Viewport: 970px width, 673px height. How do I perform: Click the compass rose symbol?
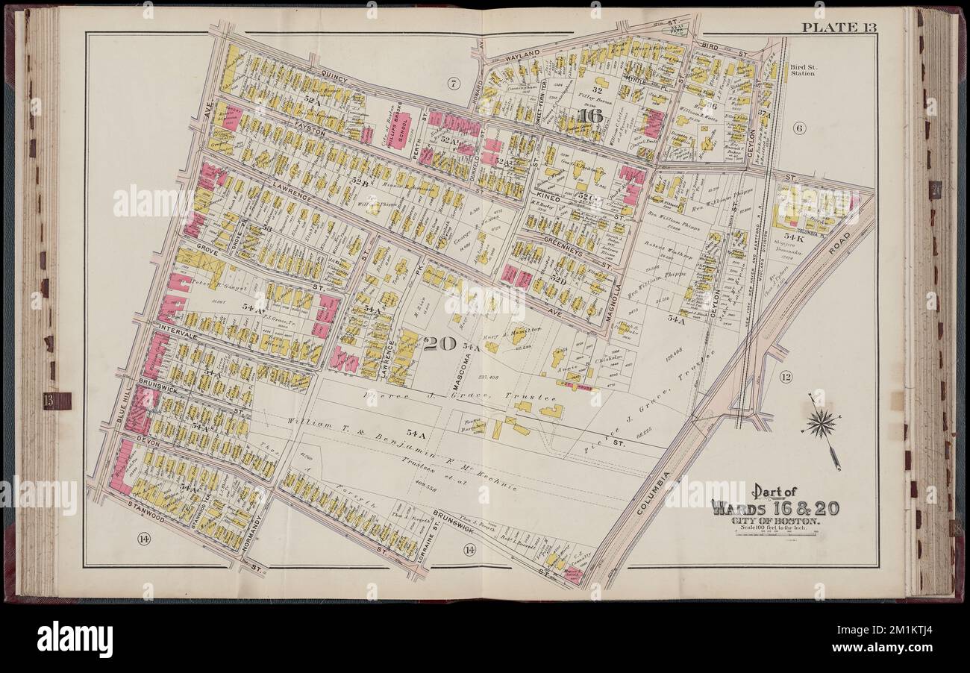pyautogui.click(x=821, y=425)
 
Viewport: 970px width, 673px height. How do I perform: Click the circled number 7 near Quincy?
pyautogui.click(x=453, y=82)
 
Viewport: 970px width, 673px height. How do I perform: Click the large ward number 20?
pyautogui.click(x=440, y=344)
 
